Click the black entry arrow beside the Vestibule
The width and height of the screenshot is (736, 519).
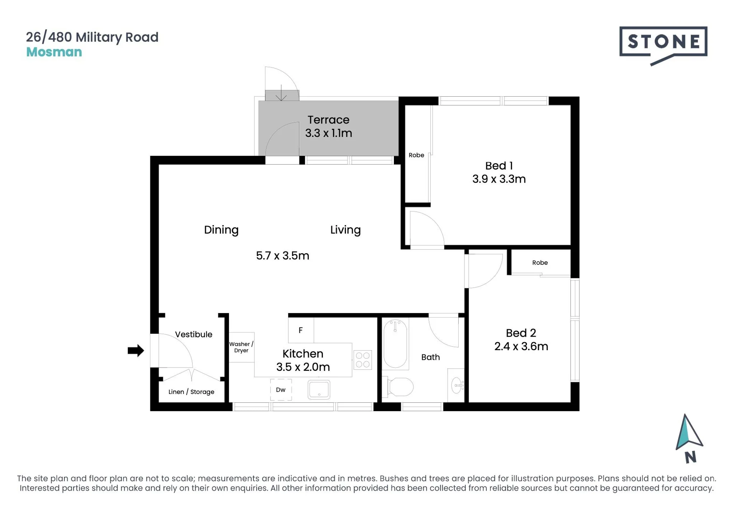[x=136, y=350]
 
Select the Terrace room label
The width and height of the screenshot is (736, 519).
[x=328, y=120]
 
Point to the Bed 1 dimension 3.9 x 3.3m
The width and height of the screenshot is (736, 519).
[x=499, y=179]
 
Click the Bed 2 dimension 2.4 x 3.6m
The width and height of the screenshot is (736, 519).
[x=521, y=346]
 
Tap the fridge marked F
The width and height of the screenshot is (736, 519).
[x=301, y=330]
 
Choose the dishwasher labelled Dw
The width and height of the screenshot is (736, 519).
[x=281, y=390]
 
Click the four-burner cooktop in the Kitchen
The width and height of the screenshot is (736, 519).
[x=362, y=360]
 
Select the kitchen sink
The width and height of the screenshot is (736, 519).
[x=319, y=389]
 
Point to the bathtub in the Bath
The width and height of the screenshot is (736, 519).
[x=395, y=343]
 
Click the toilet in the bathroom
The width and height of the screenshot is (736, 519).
[x=398, y=387]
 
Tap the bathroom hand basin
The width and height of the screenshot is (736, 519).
[x=457, y=386]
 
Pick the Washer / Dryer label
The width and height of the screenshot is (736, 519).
[x=241, y=347]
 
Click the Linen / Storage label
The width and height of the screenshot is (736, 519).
[x=191, y=392]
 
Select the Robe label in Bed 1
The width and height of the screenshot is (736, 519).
[x=416, y=155]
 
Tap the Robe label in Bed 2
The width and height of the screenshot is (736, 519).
[x=540, y=262]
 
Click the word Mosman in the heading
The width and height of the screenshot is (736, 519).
[x=54, y=52]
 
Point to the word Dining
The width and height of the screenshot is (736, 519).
[x=221, y=230]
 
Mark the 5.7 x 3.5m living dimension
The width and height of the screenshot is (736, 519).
[x=283, y=255]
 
